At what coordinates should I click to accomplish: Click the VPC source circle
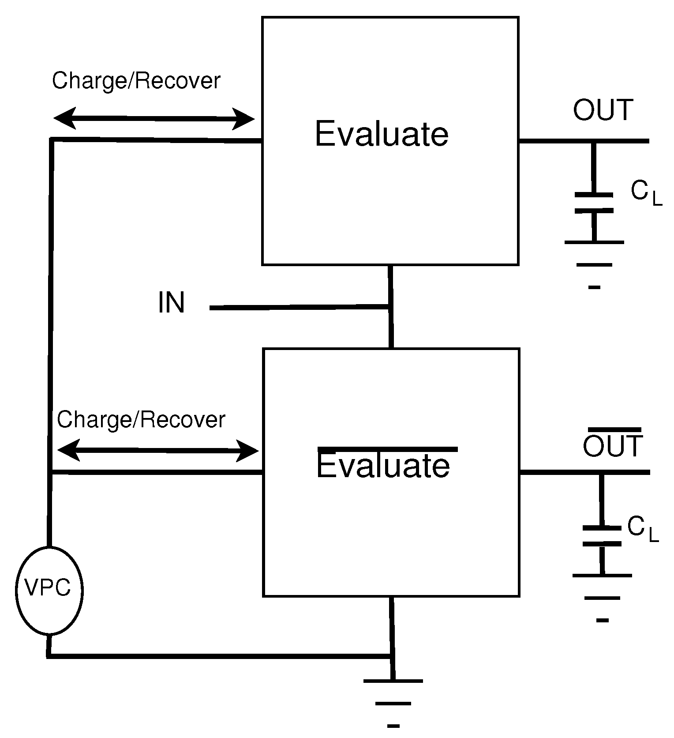pyautogui.click(x=49, y=590)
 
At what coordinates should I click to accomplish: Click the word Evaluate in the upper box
pyautogui.click(x=382, y=134)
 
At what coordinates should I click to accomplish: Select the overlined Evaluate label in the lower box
pyautogui.click(x=383, y=466)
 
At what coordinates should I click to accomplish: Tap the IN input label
pyautogui.click(x=171, y=303)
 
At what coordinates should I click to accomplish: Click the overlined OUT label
pyautogui.click(x=613, y=446)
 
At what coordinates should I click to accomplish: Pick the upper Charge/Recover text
pyautogui.click(x=136, y=81)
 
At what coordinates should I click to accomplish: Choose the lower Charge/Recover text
pyautogui.click(x=141, y=419)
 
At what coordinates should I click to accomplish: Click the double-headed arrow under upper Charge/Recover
pyautogui.click(x=154, y=118)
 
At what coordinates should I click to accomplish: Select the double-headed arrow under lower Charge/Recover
pyautogui.click(x=157, y=451)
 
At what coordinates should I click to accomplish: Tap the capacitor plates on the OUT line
pyautogui.click(x=594, y=203)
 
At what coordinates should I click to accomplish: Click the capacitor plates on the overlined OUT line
pyautogui.click(x=602, y=536)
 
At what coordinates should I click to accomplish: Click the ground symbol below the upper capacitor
pyautogui.click(x=594, y=264)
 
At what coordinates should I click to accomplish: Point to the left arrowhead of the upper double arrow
pyautogui.click(x=64, y=118)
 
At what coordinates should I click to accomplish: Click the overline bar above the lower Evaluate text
pyautogui.click(x=387, y=449)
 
